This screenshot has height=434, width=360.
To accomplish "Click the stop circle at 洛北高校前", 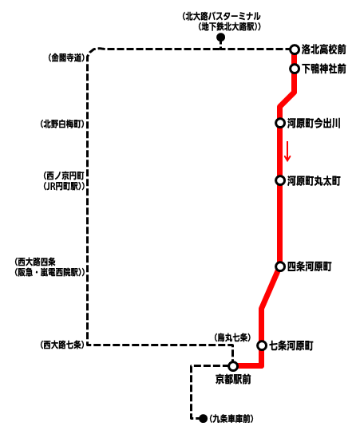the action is click(x=295, y=49).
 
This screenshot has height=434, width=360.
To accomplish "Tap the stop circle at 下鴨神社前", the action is click(x=295, y=69).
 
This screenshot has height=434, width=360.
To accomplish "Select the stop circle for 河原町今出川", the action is click(x=280, y=123).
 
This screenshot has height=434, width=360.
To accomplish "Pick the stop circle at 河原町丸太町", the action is click(x=280, y=180).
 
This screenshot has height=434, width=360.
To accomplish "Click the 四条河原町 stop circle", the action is click(x=280, y=266).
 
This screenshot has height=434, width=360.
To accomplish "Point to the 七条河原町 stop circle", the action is click(x=262, y=345).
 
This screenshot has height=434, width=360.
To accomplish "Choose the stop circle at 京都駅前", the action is click(x=233, y=366).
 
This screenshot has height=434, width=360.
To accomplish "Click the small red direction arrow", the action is click(x=287, y=151).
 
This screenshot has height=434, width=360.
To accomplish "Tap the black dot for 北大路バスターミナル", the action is click(x=220, y=37).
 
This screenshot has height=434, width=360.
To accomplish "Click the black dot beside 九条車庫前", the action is click(x=204, y=419).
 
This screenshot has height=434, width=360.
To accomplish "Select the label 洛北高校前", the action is click(x=324, y=49).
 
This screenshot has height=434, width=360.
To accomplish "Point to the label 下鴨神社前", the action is click(x=324, y=69).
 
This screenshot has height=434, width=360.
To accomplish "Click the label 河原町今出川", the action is click(x=314, y=123).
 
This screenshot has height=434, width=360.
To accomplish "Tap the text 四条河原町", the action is click(x=309, y=266).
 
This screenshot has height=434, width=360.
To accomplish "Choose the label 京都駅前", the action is click(x=233, y=379).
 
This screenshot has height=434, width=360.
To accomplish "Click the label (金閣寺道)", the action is click(x=66, y=58).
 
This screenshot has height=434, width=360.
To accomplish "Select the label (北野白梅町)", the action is click(x=62, y=124).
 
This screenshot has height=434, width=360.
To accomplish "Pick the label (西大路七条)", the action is click(x=62, y=345).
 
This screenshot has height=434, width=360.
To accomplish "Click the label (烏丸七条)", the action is click(x=232, y=337).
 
